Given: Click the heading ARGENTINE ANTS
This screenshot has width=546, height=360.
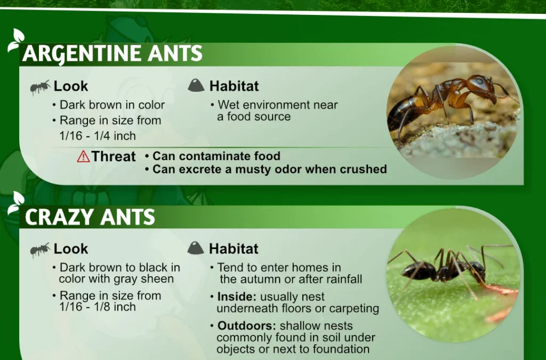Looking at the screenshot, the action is (112, 54).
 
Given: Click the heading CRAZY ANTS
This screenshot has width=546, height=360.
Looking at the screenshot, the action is (90, 217).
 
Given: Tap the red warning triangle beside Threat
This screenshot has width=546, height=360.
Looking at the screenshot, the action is (83, 156).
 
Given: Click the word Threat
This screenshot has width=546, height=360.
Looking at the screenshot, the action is (114, 156).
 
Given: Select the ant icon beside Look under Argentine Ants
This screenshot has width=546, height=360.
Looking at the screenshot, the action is (40, 87).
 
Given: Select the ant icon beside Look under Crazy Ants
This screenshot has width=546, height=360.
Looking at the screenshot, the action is (40, 250).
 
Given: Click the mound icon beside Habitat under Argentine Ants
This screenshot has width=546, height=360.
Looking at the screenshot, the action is (196, 85).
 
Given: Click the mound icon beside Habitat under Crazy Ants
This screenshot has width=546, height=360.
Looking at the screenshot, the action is (196, 248).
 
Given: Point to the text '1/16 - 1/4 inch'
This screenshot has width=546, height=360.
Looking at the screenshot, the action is (98, 136).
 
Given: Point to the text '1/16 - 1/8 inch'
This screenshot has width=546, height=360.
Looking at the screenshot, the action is (98, 307).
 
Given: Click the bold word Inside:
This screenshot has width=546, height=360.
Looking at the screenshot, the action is (237, 297).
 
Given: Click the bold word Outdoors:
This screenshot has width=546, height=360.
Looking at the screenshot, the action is (246, 325).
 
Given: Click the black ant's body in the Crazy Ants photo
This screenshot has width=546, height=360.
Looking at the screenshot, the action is (442, 270).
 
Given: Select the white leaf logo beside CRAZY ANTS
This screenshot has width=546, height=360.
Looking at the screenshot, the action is (16, 203).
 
